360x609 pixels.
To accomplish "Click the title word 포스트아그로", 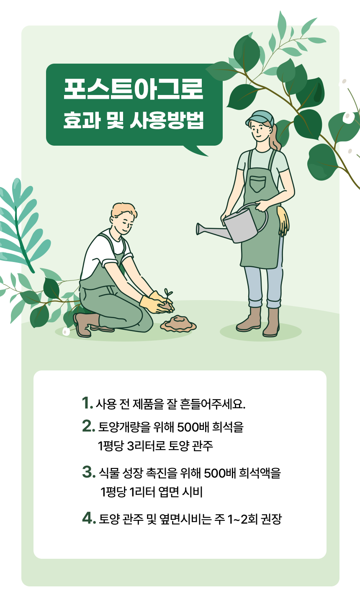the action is coord(134,89).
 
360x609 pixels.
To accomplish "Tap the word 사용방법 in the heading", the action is coord(167,120).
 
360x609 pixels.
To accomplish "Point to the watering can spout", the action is coord(210,230).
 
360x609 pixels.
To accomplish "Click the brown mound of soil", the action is coord(178,324).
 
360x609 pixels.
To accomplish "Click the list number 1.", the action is coord(87,403).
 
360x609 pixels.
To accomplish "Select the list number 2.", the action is coord(88,426).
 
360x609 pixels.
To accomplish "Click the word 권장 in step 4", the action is coord(271,519).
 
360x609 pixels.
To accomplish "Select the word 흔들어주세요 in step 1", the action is coord(213,404).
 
